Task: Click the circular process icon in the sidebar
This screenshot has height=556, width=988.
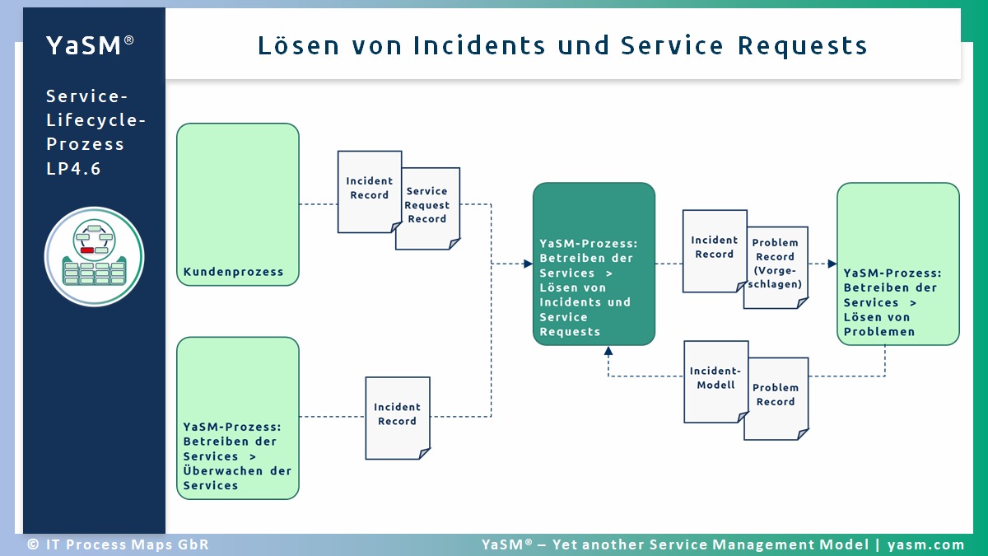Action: (x=94, y=256)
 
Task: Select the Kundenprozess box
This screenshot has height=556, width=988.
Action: (x=238, y=204)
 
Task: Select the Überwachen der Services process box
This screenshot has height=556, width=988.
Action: (x=238, y=418)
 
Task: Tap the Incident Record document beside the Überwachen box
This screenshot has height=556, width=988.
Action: (x=398, y=417)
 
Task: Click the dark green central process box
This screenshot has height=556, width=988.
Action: (x=594, y=264)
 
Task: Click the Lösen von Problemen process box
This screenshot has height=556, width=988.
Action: (x=897, y=264)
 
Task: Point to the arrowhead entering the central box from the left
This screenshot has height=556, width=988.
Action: (x=528, y=264)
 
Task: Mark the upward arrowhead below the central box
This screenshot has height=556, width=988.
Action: (x=608, y=351)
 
